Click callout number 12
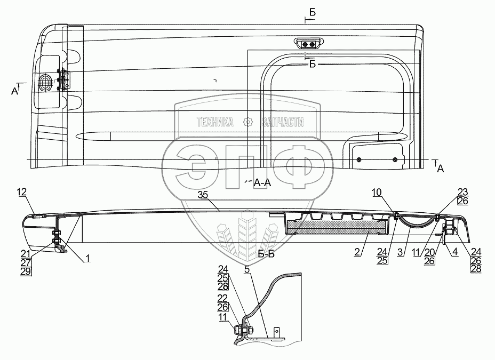pos(22,192)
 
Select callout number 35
pos(203,195)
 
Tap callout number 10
pos(377,192)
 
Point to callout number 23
pos(463,192)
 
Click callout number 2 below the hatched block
pos(357,252)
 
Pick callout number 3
pos(400,252)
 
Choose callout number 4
pos(455,252)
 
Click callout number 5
pos(247,270)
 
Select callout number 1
pos(88,259)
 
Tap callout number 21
pos(26,253)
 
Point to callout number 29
pos(26,271)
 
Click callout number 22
pos(222,298)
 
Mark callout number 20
pos(429,252)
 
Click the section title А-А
pos(262,182)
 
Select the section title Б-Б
pos(266,254)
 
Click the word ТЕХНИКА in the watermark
pos(215,122)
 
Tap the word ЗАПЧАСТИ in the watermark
pos(283,122)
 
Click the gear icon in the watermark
pos(248,122)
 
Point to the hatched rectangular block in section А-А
pos(336,227)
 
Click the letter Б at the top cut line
pos(312,13)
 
